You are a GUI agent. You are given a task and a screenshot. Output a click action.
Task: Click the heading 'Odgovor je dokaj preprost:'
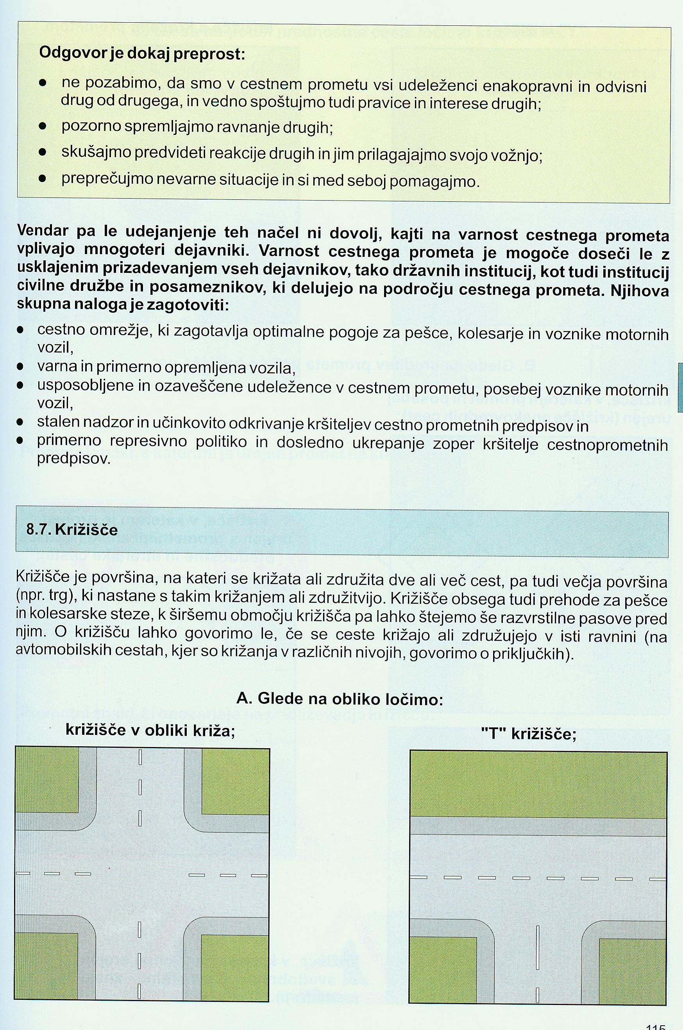tap(142, 54)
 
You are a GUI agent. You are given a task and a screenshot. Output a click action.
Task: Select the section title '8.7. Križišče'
tap(72, 529)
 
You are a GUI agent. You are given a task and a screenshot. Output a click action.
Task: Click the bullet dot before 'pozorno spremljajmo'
tap(42, 127)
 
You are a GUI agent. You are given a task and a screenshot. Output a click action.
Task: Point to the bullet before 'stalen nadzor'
tap(20, 422)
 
